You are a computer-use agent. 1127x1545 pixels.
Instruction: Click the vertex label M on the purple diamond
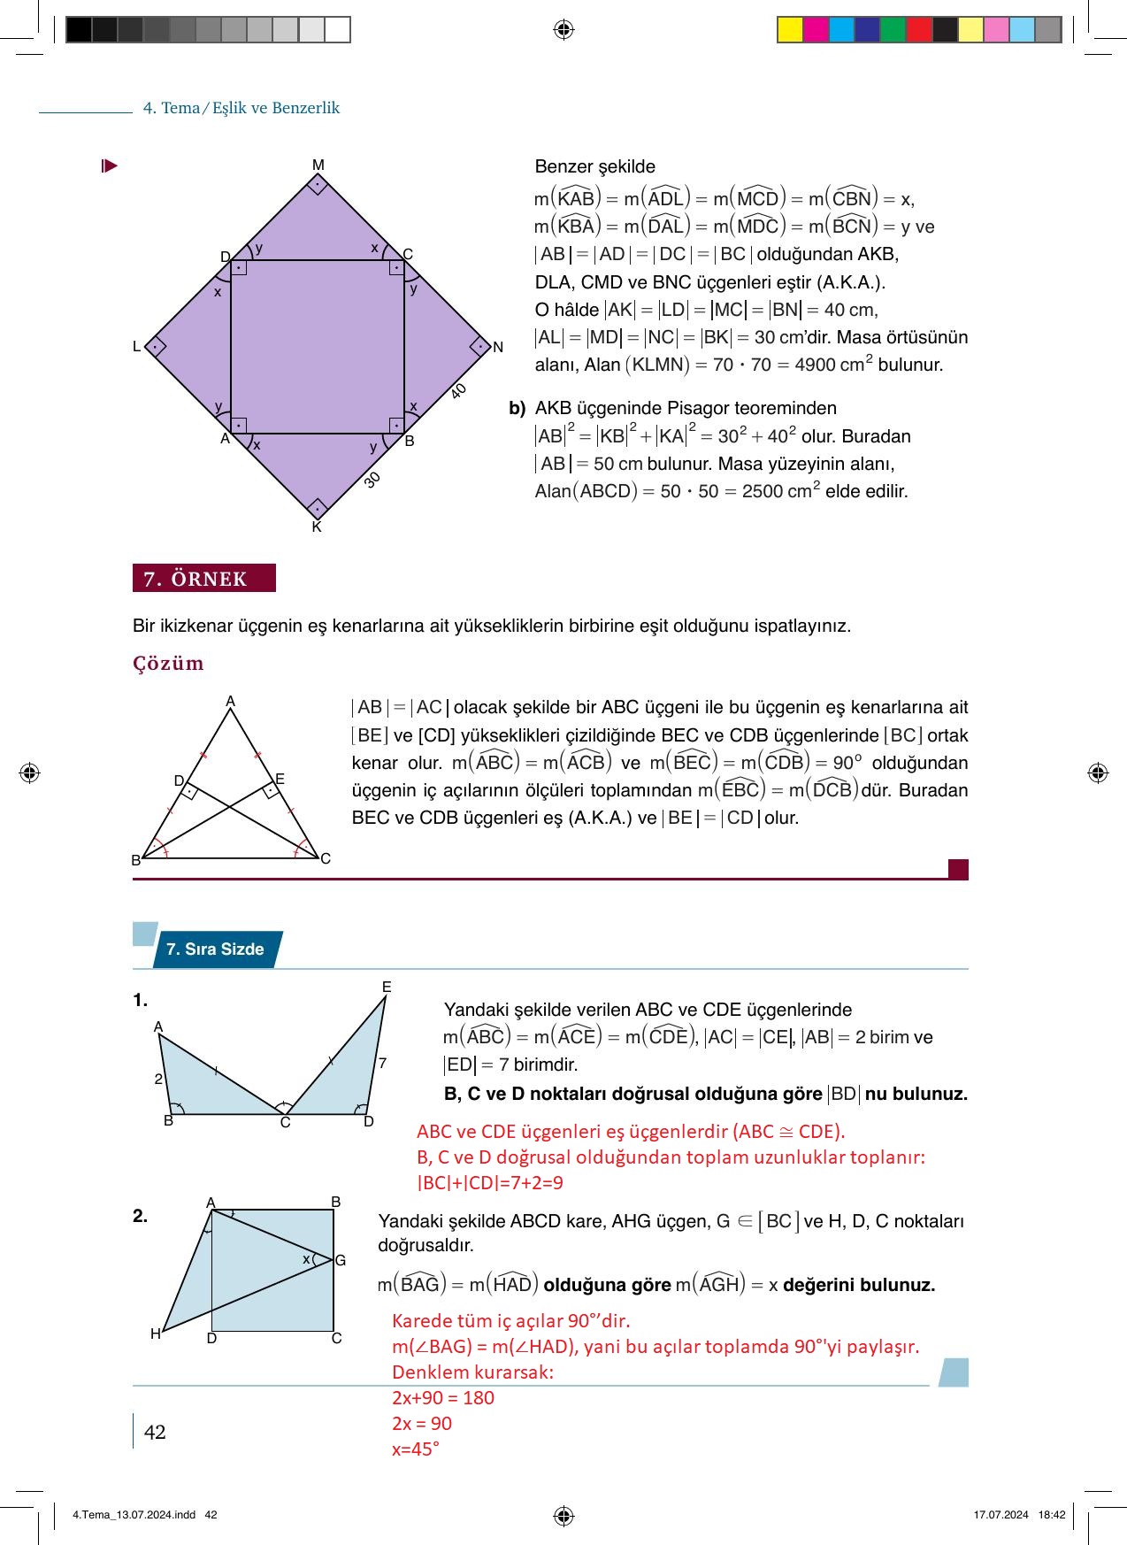click(318, 165)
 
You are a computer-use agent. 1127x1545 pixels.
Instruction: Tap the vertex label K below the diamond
click(317, 527)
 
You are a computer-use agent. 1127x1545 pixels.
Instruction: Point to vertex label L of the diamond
click(136, 347)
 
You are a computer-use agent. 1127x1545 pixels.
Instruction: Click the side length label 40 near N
click(458, 391)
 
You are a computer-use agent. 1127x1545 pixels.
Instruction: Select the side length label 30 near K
click(372, 480)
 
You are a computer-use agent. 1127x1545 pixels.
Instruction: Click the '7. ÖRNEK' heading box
click(204, 579)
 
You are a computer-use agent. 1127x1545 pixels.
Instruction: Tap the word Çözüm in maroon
click(168, 664)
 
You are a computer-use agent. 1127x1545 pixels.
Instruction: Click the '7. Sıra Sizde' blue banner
click(215, 949)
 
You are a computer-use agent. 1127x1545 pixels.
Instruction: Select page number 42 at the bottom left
click(155, 1433)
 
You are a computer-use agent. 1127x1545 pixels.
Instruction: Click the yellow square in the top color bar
click(789, 30)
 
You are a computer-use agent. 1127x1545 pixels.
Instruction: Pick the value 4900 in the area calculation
click(816, 365)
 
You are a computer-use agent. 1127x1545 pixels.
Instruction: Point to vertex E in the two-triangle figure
click(387, 987)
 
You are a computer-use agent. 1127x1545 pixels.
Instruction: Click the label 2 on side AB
click(158, 1080)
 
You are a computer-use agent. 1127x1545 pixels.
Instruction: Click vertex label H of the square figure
click(155, 1334)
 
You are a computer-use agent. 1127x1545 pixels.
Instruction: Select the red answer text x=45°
click(416, 1449)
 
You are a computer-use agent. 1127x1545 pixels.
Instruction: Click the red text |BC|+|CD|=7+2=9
click(490, 1183)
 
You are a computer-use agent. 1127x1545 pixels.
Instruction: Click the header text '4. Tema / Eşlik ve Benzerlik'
click(241, 108)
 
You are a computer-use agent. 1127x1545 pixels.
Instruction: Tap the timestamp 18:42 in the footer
click(1052, 1515)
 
